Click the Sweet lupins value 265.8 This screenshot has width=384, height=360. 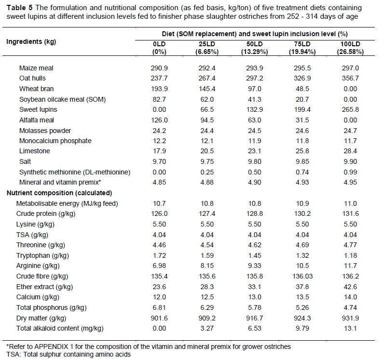(x=349, y=110)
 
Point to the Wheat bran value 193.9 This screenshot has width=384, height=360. (x=159, y=89)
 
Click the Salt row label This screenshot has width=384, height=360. (x=25, y=162)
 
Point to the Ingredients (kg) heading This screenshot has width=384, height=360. (x=31, y=41)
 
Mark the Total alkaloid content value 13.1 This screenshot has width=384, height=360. (x=349, y=328)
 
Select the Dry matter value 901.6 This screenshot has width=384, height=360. (x=159, y=318)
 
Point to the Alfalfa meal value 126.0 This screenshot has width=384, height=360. (x=159, y=120)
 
